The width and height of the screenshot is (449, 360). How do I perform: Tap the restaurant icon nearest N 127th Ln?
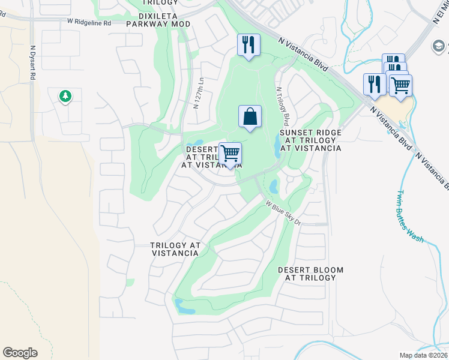248,45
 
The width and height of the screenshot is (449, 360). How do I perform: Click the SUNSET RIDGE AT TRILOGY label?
310,140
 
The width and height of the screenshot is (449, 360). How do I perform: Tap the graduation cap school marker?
438,46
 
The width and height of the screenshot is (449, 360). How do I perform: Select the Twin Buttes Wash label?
410,216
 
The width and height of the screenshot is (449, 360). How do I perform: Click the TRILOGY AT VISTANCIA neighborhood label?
174,250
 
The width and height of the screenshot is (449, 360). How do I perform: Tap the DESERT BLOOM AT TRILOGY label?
310,274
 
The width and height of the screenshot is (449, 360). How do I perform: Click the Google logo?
20,353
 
